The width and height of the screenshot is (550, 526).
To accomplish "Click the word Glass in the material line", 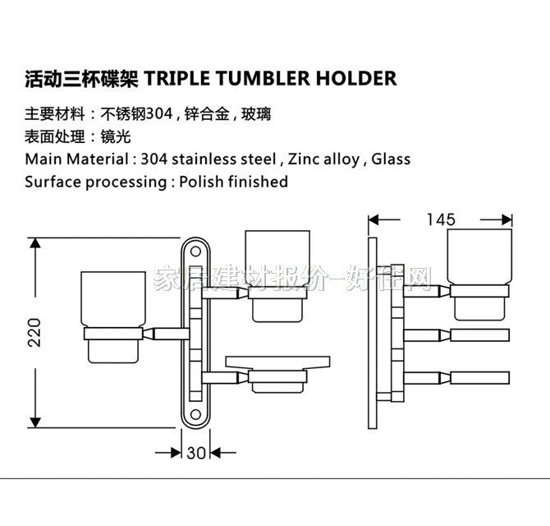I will click(x=391, y=159).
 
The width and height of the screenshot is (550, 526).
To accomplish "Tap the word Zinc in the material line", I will click(x=309, y=159).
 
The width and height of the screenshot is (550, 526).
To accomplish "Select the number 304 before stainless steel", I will click(x=156, y=159).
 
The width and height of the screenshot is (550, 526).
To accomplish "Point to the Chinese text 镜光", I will click(x=117, y=136).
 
